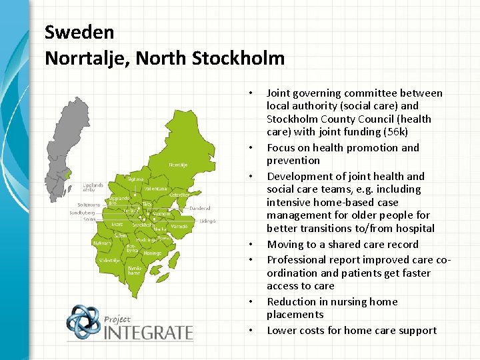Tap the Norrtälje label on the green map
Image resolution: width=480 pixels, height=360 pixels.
(178, 164)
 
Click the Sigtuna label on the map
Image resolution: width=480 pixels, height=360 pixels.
(135, 179)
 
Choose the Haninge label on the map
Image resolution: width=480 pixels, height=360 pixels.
(152, 253)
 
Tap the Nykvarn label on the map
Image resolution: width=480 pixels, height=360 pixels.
(102, 243)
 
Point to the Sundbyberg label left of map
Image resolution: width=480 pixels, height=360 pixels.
(83, 213)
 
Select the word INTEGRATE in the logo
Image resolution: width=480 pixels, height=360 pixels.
(148, 331)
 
